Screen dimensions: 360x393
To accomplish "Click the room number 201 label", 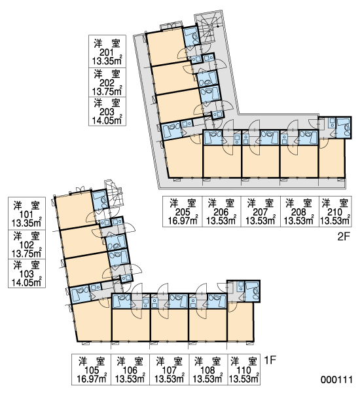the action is coord(107,52).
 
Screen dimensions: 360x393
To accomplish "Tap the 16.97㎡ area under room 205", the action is coord(183,221).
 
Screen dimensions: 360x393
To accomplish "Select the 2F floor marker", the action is coord(343,236).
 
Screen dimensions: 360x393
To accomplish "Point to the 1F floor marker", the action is coord(270,360).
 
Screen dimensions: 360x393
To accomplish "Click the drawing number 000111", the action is coord(336,380).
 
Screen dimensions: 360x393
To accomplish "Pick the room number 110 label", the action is coord(243,370).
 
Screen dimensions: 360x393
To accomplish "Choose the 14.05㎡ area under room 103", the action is coord(27,282).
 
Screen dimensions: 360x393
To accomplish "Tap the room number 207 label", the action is coord(261,212).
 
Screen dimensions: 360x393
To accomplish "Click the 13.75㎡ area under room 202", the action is coord(107,91).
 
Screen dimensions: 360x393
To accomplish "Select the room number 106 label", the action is coord(130,370).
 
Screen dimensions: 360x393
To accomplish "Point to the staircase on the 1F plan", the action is coord(115,193).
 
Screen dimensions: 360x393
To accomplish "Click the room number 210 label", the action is coord(335,212).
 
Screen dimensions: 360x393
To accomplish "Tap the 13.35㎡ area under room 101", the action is coord(27,223).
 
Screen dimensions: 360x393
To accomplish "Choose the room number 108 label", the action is coord(207,370).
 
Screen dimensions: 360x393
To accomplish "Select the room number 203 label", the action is coord(107,112).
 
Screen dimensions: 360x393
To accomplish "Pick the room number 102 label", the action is coord(27,245).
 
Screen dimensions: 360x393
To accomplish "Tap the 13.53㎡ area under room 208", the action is coord(299,221).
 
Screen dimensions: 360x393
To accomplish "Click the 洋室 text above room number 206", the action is coord(221,204).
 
